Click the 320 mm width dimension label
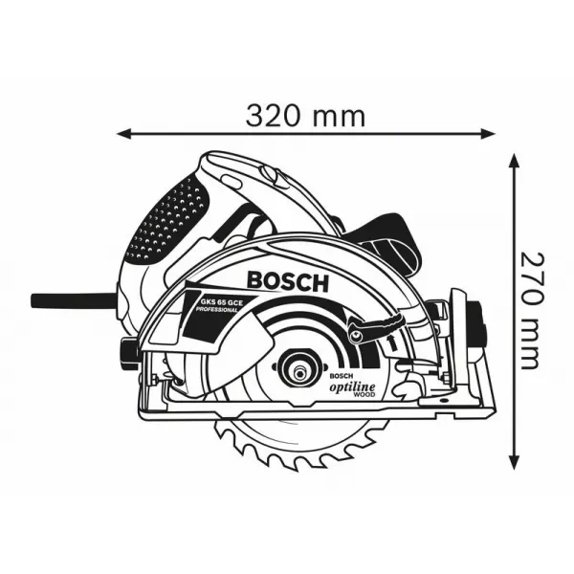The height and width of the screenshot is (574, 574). tap(305, 116)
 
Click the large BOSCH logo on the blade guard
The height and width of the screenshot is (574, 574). tap(287, 281)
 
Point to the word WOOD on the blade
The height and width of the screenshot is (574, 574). tap(365, 392)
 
